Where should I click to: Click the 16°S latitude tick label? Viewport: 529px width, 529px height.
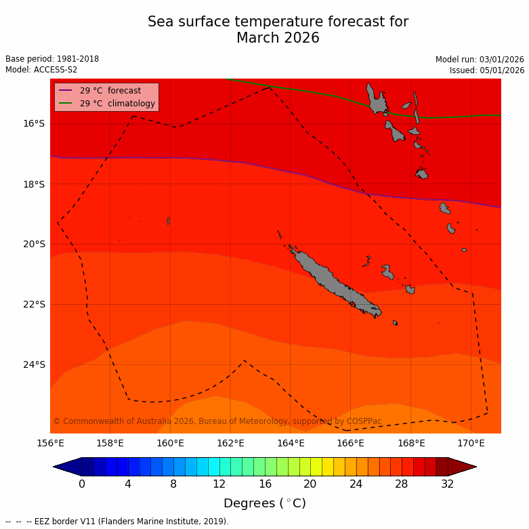(x=34, y=123)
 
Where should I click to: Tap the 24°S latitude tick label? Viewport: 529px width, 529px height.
(x=34, y=364)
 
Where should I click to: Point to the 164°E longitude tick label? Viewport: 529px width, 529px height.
(x=291, y=444)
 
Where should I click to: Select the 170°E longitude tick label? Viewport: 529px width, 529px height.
(x=471, y=444)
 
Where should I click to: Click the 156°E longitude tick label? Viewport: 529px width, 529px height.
(x=50, y=444)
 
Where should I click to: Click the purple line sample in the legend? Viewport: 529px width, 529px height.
(x=66, y=91)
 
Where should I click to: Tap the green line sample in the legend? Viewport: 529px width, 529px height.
(x=66, y=104)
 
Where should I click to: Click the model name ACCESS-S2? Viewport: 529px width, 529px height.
(x=56, y=70)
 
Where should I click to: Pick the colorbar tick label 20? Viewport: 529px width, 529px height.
(x=310, y=484)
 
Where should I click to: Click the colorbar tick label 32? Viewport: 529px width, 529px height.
(x=447, y=484)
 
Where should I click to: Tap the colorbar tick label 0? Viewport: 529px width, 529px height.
(x=82, y=484)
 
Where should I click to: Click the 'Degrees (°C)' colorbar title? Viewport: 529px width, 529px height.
(x=264, y=503)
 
